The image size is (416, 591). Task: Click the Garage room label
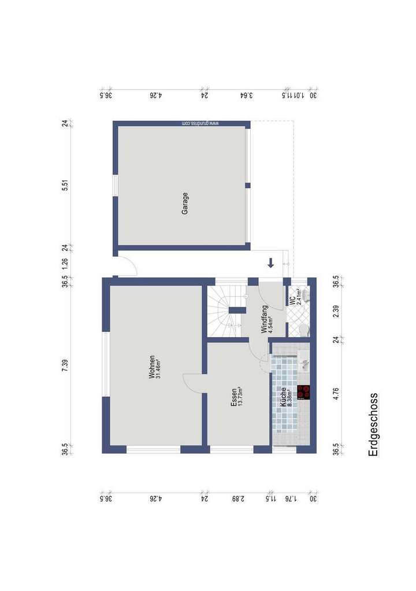tap(185, 204)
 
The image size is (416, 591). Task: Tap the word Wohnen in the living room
tap(152, 367)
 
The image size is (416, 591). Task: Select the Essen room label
tap(233, 396)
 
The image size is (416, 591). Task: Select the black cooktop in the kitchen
tap(304, 393)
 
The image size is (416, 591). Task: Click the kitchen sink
tap(304, 364)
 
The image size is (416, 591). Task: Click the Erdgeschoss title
tap(373, 424)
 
